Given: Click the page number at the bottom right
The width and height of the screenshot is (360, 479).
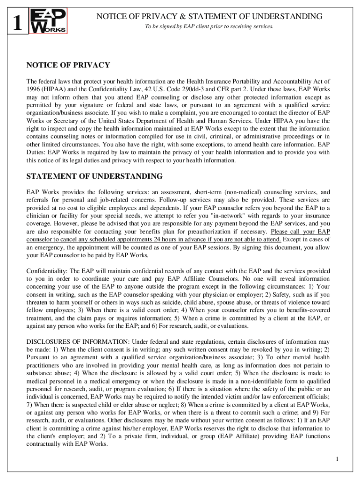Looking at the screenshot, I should pos(337,459).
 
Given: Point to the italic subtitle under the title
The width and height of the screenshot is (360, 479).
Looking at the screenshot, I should pos(209,26).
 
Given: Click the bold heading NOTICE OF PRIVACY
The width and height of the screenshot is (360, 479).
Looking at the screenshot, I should pos(68,65).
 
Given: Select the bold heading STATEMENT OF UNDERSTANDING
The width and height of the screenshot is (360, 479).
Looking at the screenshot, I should pos(94,176).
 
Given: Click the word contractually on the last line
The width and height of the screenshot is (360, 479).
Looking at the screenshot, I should pos(45,444).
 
